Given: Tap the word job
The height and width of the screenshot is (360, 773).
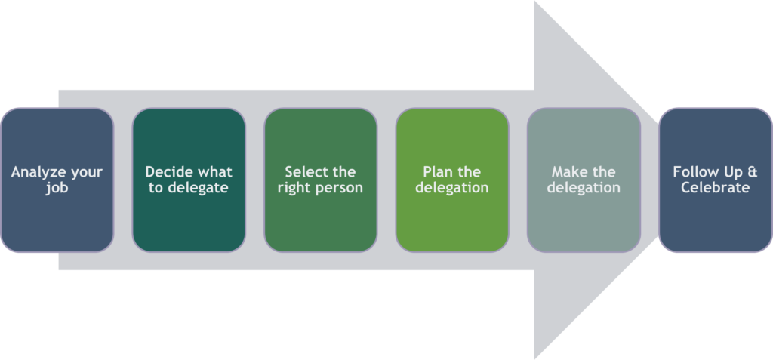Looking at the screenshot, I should (x=57, y=187).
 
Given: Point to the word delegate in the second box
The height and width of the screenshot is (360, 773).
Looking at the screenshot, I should (x=198, y=187).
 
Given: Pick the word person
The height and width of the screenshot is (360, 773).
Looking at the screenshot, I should (x=338, y=187).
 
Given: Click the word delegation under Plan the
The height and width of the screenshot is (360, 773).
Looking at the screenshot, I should (x=452, y=187).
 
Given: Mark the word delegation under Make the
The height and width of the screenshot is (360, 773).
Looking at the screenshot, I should (x=584, y=187).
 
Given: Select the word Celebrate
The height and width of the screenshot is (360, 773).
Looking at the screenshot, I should (x=716, y=187).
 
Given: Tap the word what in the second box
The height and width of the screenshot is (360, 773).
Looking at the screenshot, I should (x=214, y=172).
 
